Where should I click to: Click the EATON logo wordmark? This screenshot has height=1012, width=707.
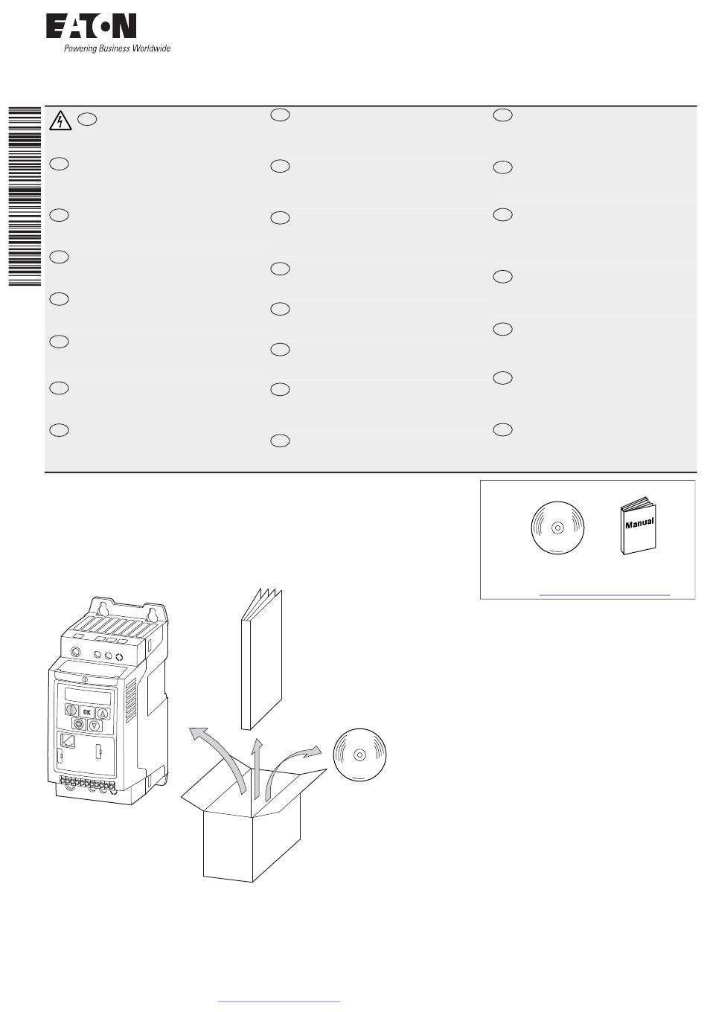91,26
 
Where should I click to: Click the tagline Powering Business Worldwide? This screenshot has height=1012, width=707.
117,48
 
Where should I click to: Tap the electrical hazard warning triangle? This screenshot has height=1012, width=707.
60,121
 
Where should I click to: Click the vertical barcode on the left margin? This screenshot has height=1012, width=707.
25,196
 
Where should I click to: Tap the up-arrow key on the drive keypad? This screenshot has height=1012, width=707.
103,714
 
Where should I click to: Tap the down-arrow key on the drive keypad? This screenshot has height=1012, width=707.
95,726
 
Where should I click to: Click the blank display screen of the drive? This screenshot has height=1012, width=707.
88,696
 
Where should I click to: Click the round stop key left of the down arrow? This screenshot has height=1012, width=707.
79,724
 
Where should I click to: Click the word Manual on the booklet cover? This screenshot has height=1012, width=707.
639,523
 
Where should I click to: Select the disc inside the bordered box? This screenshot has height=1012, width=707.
557,528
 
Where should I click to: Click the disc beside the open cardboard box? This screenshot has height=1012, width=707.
359,755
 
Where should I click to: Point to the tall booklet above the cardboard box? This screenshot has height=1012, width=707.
261,659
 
